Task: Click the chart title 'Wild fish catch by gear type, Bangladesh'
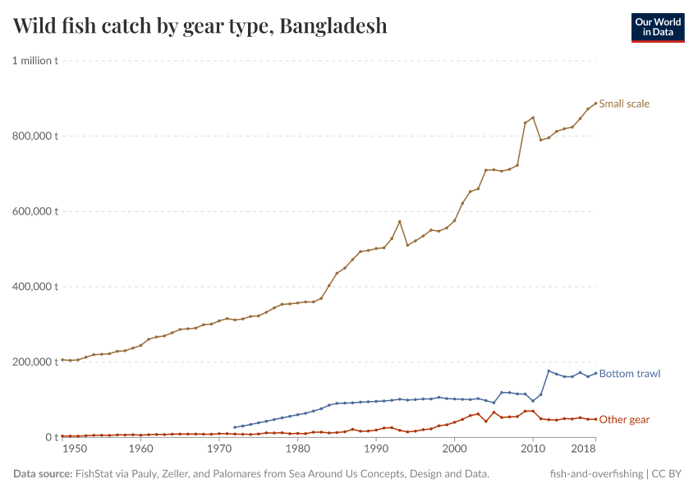pos(200,26)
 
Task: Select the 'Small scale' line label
pos(624,104)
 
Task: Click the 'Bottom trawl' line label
pos(629,374)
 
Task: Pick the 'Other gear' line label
pos(624,420)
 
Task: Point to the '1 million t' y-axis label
pos(34,61)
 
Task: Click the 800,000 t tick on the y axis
pos(34,136)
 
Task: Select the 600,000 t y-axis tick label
pos(34,211)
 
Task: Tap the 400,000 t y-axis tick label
pos(34,287)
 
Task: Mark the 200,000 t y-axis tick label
pos(34,362)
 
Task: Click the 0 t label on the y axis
pos(51,437)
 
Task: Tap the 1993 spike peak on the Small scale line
pos(399,221)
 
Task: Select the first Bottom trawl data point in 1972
pos(235,427)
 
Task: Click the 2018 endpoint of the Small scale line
pos(595,104)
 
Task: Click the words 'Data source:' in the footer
pos(43,474)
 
